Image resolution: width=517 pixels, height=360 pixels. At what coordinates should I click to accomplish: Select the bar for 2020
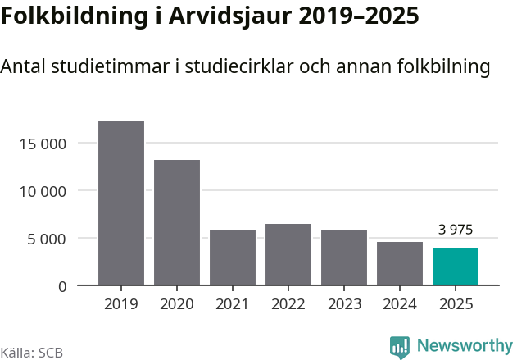177,222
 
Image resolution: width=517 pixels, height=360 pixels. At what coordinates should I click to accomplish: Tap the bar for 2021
233,257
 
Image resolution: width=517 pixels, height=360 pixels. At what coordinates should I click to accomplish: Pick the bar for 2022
288,254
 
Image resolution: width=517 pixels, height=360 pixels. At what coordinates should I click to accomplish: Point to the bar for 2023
344,257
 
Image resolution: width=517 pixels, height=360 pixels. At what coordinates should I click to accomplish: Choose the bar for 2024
400,263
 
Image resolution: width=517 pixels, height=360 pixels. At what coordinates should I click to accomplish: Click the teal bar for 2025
456,267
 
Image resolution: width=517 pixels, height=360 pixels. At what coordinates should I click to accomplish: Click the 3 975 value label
456,230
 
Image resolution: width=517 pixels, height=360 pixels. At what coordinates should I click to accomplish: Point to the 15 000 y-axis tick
42,144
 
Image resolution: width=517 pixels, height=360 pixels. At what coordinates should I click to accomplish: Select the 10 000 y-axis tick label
42,192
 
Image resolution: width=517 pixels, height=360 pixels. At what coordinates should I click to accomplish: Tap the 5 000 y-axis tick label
46,239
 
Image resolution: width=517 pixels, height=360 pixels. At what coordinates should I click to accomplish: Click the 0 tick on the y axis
62,286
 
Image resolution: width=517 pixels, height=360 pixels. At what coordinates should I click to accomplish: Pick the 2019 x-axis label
121,304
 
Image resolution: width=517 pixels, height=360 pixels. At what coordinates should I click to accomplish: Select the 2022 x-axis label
288,304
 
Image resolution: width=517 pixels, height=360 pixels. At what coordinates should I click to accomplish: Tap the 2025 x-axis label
456,304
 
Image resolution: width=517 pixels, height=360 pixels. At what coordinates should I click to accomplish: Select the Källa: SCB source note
32,353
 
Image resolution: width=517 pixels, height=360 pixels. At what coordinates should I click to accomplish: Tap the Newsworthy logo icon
400,346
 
